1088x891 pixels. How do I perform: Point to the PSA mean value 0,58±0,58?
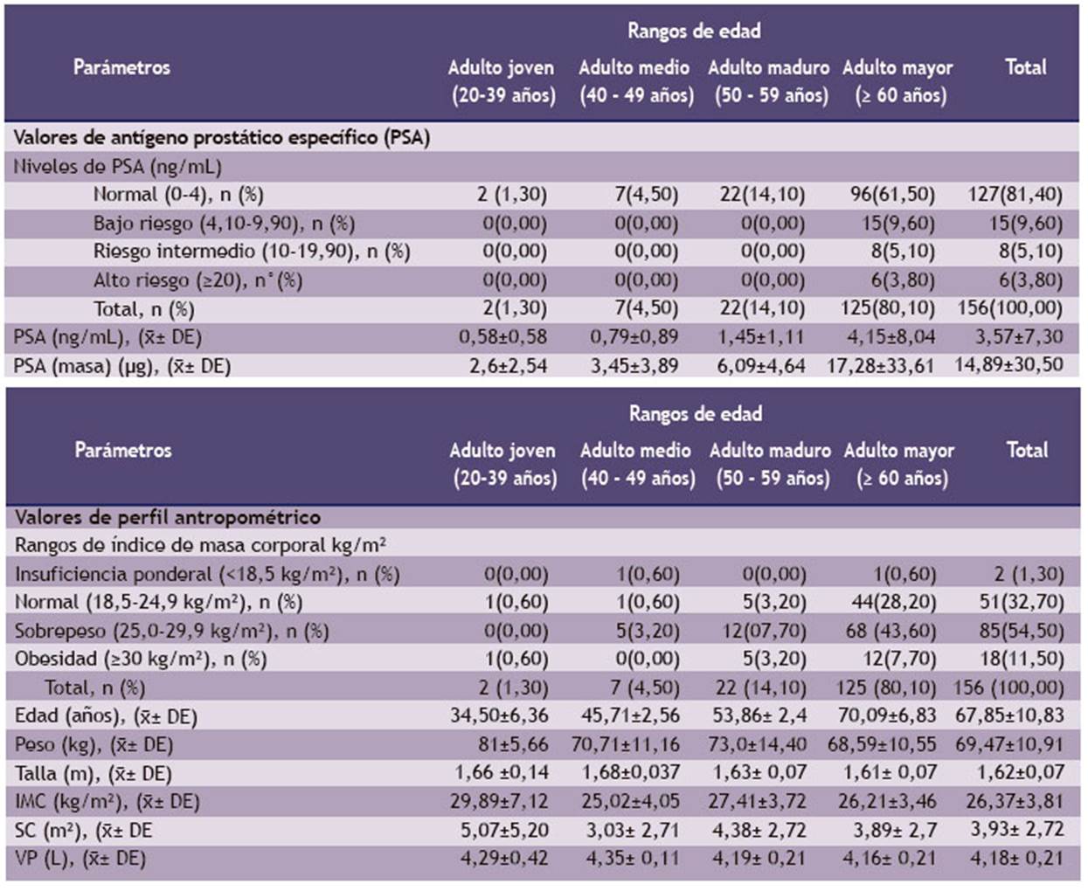pyautogui.click(x=502, y=336)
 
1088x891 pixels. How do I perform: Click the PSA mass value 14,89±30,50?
pyautogui.click(x=1008, y=365)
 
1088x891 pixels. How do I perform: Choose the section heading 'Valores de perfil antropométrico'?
pyautogui.click(x=168, y=517)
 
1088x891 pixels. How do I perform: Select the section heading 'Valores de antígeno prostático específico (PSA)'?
pyautogui.click(x=222, y=138)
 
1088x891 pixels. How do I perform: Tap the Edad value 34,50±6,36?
pyautogui.click(x=499, y=715)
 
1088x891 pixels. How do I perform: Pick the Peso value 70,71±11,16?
pyautogui.click(x=625, y=744)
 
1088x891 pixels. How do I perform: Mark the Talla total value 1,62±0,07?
pyautogui.click(x=1021, y=772)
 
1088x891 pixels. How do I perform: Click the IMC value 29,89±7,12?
pyautogui.click(x=499, y=801)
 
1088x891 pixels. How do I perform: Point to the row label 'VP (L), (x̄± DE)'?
pyautogui.click(x=80, y=859)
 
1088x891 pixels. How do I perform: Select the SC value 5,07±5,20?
pyautogui.click(x=504, y=830)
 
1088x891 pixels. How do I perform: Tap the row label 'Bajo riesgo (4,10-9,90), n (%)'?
pyautogui.click(x=224, y=224)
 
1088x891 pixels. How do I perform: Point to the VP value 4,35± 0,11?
pyautogui.click(x=633, y=859)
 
